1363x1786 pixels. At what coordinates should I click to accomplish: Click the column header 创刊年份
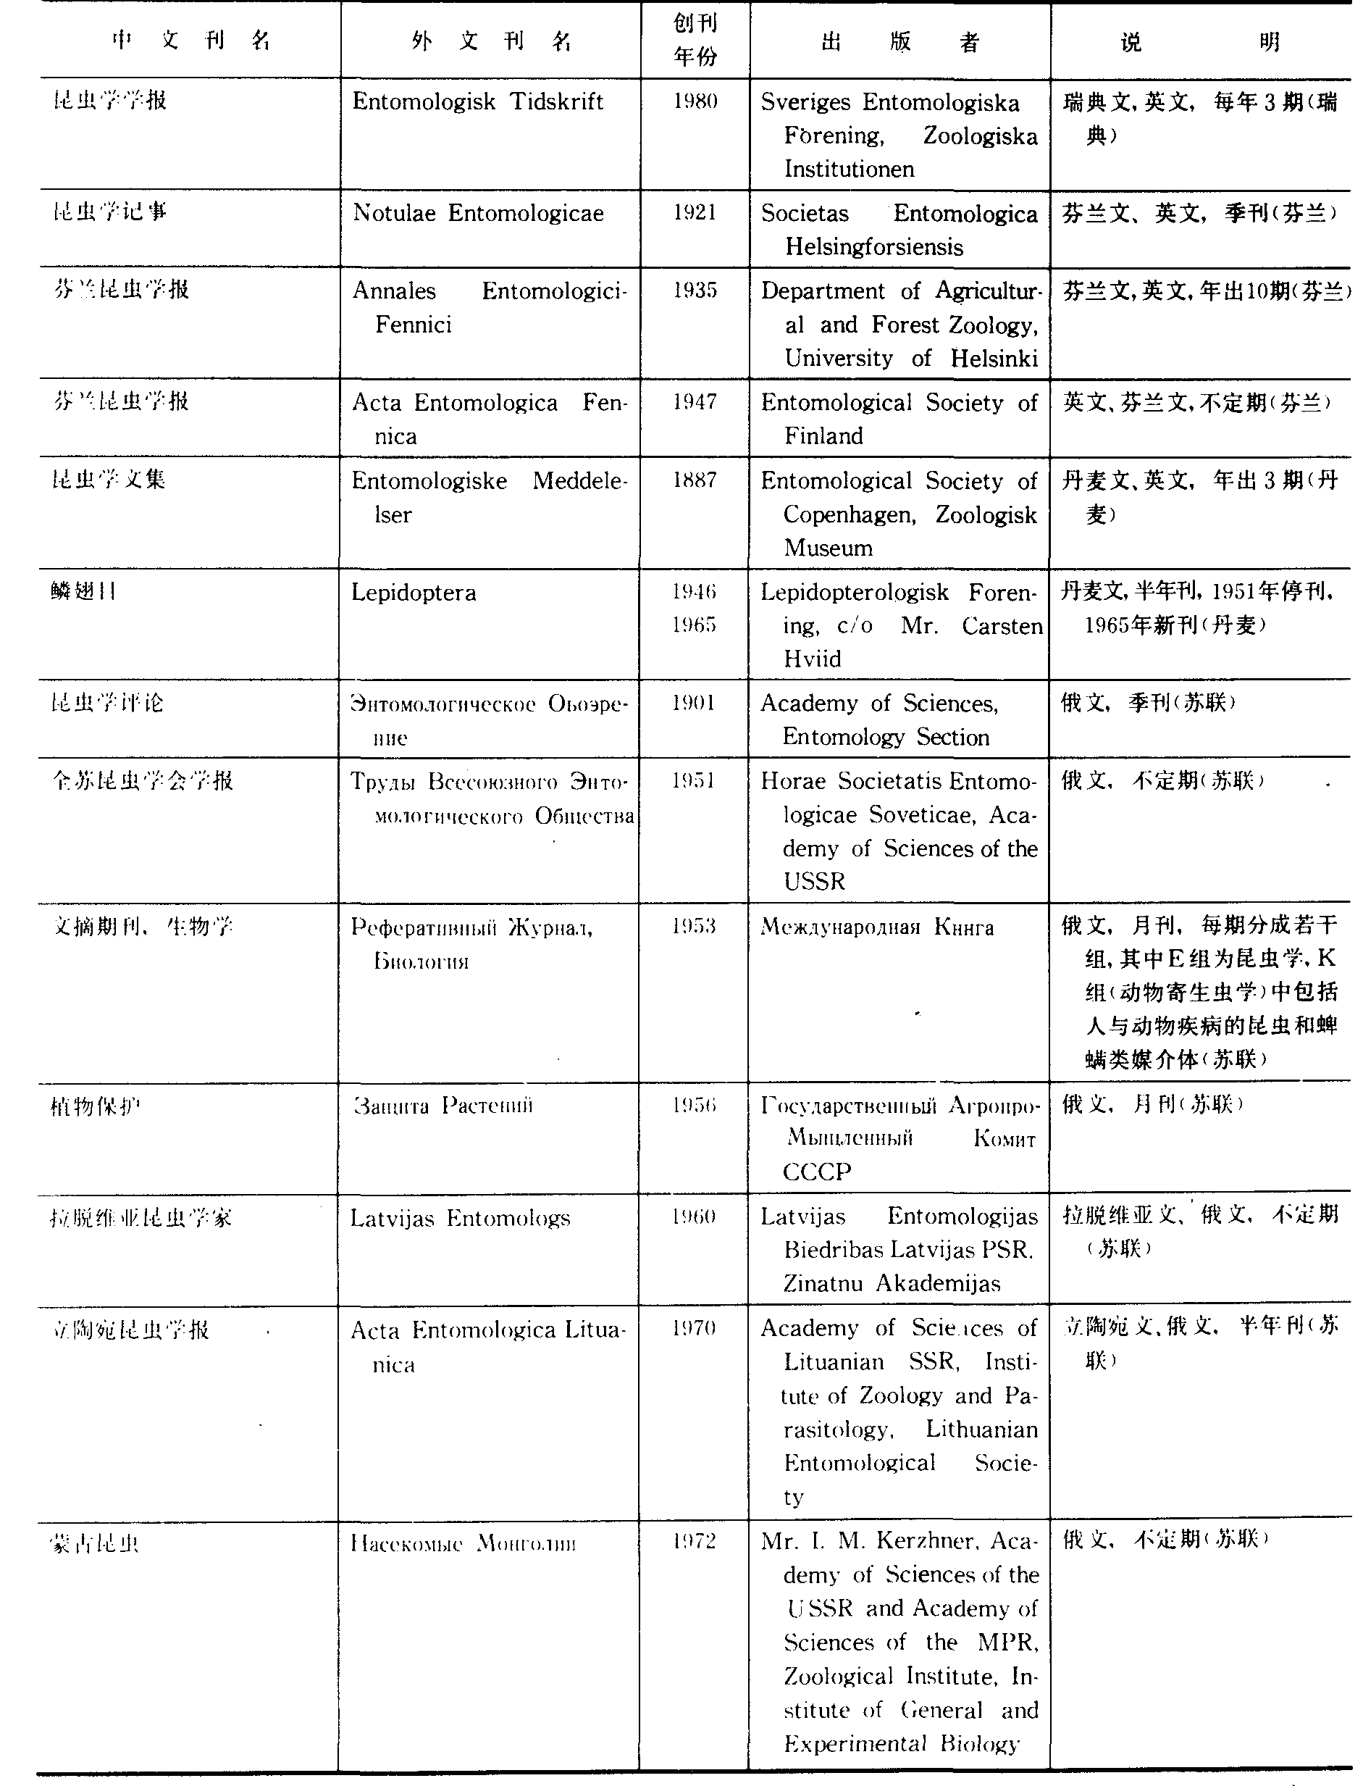695,40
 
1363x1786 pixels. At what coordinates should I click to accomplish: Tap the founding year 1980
695,101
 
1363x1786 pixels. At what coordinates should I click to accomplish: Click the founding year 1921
695,212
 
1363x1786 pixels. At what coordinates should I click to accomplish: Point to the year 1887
695,480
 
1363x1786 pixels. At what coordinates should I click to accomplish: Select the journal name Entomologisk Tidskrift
478,101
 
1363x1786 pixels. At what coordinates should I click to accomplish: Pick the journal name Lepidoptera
413,593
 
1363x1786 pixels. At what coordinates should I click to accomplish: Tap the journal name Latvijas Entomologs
460,1218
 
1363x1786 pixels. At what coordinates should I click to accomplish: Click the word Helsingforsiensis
873,246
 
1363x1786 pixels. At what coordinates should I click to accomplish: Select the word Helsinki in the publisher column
994,358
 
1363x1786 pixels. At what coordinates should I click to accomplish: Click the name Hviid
812,658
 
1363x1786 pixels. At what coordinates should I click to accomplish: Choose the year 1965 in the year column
694,625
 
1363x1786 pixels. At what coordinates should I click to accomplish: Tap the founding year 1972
694,1541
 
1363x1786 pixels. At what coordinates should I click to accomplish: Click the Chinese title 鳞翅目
83,591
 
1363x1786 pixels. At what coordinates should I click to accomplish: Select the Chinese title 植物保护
95,1105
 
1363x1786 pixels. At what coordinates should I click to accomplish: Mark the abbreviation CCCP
817,1172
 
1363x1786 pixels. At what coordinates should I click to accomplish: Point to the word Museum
828,548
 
